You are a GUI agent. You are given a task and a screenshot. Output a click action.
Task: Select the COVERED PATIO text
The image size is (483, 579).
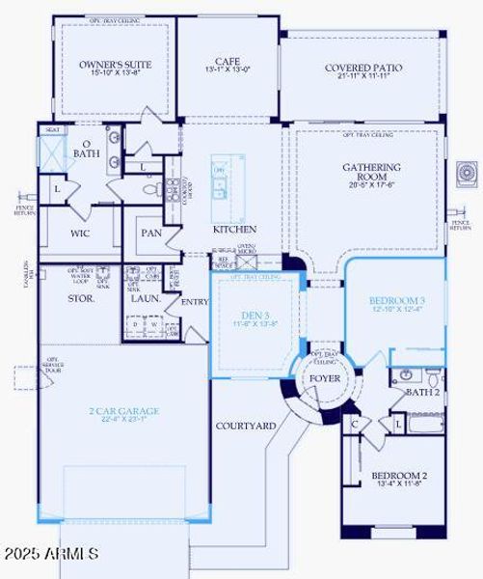click(363, 68)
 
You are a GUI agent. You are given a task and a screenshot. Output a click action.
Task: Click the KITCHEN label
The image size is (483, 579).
click(234, 230)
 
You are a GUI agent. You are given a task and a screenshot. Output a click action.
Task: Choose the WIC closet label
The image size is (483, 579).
click(82, 233)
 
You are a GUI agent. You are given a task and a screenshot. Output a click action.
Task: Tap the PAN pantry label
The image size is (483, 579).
click(151, 233)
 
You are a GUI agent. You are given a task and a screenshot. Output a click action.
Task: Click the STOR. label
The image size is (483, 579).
click(81, 299)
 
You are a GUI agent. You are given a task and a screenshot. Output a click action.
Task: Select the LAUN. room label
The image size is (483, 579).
click(146, 298)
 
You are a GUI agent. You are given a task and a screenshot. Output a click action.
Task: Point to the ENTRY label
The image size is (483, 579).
click(194, 302)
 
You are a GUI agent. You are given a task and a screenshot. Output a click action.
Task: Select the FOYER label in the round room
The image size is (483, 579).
click(324, 377)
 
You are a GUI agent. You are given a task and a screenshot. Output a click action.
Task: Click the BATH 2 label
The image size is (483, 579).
click(422, 392)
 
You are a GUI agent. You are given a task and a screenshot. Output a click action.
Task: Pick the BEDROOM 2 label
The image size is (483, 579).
click(399, 476)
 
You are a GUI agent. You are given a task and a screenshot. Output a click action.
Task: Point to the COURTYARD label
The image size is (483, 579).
click(245, 426)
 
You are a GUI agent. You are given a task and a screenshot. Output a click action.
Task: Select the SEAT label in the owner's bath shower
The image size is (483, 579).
click(53, 130)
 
